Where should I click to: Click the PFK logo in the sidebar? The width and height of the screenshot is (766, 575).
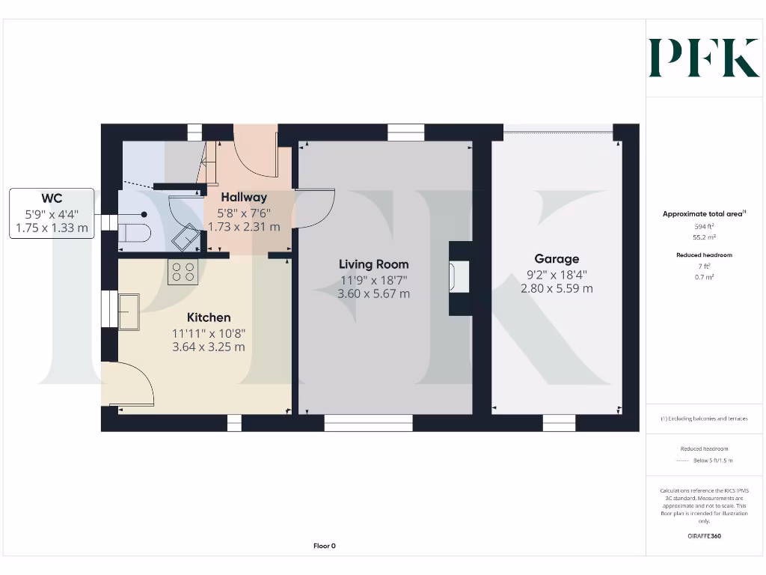click(704, 58)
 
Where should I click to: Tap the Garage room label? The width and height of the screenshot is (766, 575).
click(557, 259)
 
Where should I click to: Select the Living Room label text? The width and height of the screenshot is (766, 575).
click(373, 264)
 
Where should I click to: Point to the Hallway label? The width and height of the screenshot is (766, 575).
click(244, 198)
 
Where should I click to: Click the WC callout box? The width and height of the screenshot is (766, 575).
click(52, 213)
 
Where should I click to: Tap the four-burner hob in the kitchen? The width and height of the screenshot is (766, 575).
click(183, 271)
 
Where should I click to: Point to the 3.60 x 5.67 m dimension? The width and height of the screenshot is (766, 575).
click(373, 294)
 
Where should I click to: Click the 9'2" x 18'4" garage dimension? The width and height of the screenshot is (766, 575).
click(557, 274)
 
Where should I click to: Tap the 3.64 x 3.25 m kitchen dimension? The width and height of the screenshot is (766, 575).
click(209, 347)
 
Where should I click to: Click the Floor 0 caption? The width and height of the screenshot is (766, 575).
click(324, 547)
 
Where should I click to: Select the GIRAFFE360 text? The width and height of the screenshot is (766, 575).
click(703, 536)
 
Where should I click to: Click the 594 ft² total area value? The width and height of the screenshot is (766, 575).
click(703, 225)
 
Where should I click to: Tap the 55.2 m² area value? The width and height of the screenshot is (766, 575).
click(703, 236)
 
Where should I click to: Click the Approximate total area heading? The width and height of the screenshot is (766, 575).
click(703, 214)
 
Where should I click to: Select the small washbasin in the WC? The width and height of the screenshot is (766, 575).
click(183, 239)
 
